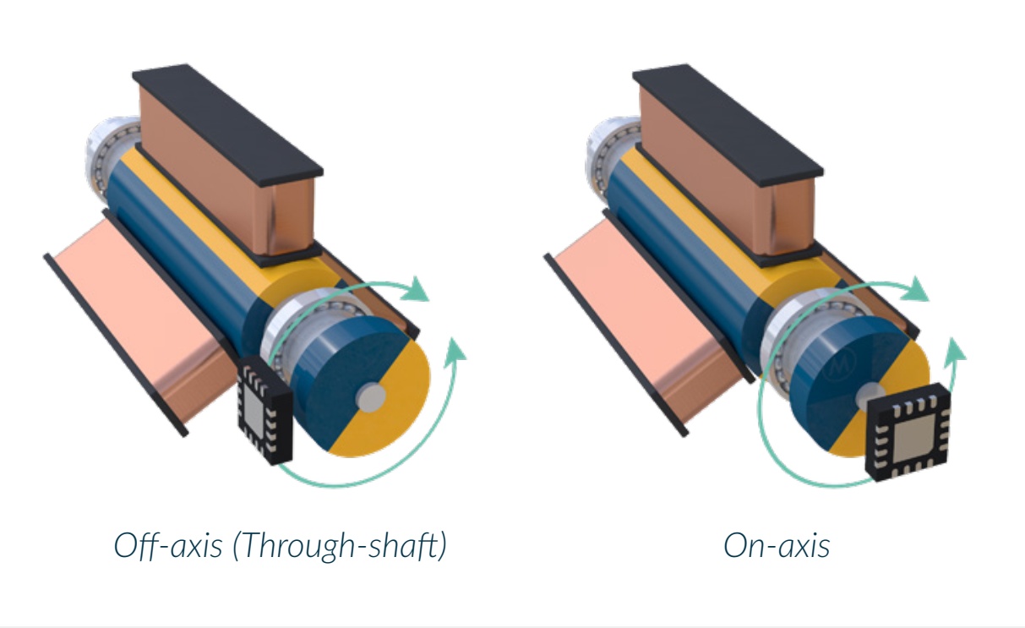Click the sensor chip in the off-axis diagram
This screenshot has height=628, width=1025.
(x=264, y=410)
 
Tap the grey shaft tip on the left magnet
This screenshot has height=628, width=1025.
(x=371, y=398)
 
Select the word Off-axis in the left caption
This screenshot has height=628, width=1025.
(x=168, y=545)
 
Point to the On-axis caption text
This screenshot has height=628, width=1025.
(x=777, y=545)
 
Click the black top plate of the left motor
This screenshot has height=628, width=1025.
(x=228, y=124)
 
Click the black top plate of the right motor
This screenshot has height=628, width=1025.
(x=728, y=124)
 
